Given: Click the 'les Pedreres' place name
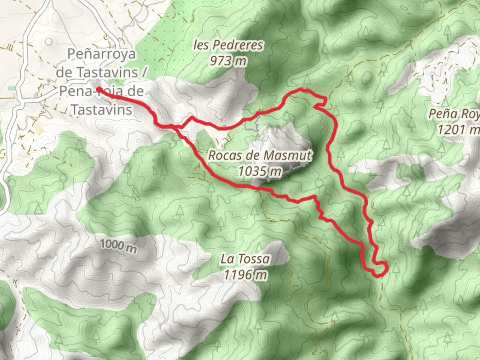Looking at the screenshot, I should coord(228,45).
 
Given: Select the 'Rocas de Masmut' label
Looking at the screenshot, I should coord(260,155).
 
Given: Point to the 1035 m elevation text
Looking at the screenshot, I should coord(260,171).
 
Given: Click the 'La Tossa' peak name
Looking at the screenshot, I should coord(245,259).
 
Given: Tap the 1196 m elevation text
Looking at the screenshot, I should coord(246,275).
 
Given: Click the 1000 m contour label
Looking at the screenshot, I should coord(118,246).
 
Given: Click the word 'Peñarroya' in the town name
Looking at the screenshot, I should coord(102,54).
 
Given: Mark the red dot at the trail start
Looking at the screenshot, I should coord(99,89).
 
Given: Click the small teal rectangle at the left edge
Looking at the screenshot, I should coord(12,89).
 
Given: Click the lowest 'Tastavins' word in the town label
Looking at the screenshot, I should coord(102,110).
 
